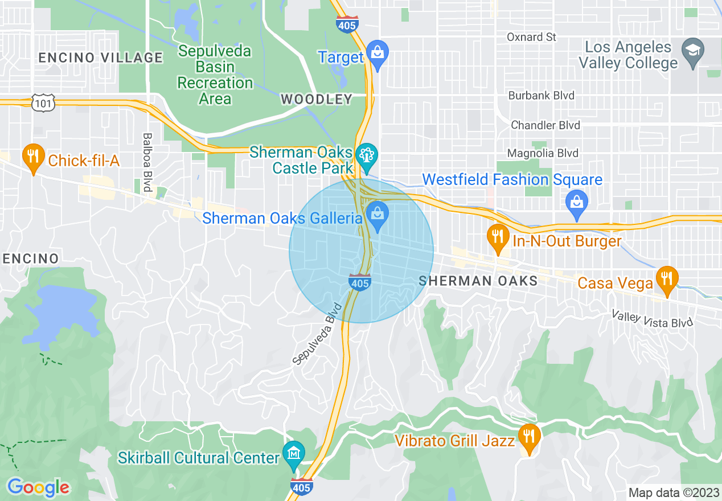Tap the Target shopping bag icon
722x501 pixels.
coord(377,53)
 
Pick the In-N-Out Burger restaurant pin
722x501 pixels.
coord(498,237)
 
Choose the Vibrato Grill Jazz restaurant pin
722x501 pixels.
coord(530,438)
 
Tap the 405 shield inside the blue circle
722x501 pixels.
coord(360,281)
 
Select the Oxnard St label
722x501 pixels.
coord(531,37)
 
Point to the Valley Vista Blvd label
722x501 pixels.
coord(653,318)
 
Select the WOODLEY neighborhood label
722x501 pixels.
coord(317,100)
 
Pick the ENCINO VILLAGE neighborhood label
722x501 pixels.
coord(100,58)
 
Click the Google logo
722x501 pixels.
coord(38,487)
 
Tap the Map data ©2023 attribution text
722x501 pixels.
coord(673,492)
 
